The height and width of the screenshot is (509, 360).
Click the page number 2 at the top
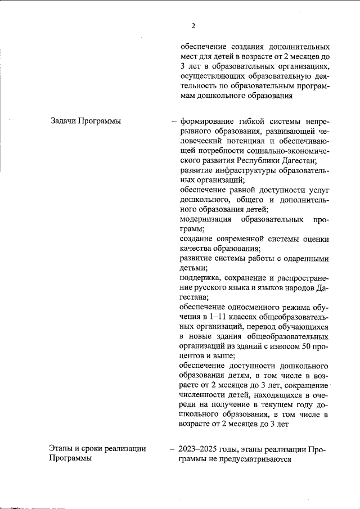(193, 25)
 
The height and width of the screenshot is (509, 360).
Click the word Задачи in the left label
(64, 121)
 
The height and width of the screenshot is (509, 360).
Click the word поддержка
(200, 278)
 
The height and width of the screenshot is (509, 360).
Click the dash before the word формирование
(174, 121)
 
